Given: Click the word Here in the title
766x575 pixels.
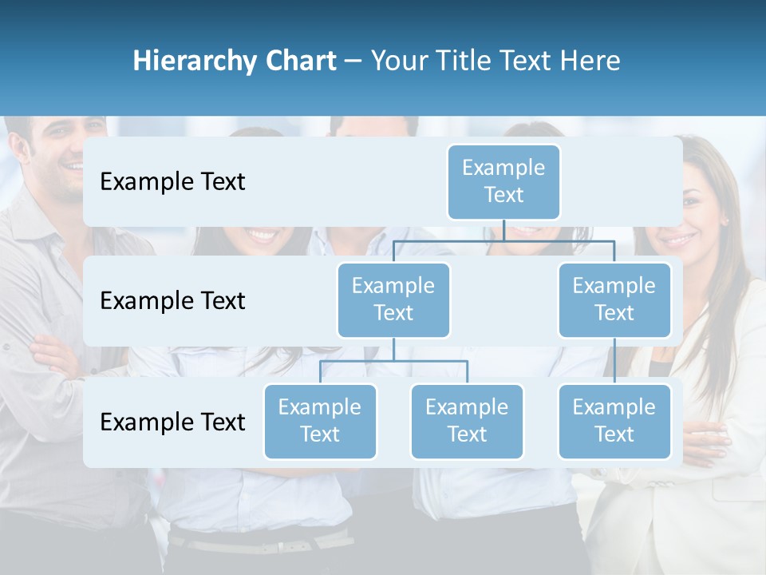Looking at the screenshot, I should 589,61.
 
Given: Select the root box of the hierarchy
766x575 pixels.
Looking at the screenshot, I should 503,181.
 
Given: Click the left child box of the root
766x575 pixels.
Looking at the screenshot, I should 393,299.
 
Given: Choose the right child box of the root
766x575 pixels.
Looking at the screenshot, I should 614,299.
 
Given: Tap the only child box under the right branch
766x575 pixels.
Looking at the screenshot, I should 614,421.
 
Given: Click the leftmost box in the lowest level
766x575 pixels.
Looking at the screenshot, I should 320,421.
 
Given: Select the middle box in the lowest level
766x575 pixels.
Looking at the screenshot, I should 467,421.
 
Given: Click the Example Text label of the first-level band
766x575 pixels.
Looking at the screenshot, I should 172,181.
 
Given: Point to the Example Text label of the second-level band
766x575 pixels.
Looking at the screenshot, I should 172,300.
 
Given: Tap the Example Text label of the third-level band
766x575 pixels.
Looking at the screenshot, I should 172,422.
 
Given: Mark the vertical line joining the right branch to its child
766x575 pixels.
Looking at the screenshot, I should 614,360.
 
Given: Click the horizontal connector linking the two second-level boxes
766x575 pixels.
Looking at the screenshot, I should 503,240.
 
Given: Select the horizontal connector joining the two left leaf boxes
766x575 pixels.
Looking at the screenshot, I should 393,361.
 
